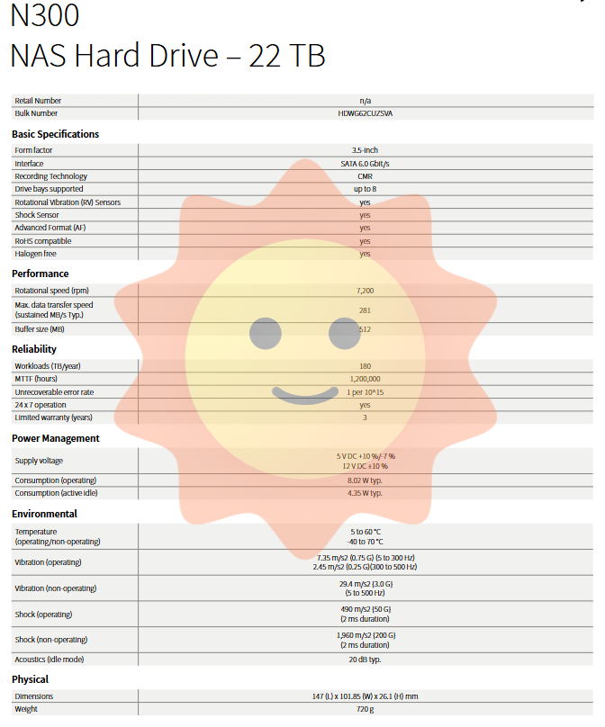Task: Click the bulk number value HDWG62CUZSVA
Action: tap(365, 113)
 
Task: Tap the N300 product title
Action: tap(44, 15)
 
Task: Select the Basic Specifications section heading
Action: tap(56, 134)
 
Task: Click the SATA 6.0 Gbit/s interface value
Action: tap(365, 164)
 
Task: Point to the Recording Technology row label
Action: tap(50, 176)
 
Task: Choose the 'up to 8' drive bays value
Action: tap(365, 189)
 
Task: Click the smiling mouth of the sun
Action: tap(304, 393)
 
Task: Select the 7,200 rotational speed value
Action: tap(365, 291)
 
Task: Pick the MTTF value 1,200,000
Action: tap(365, 379)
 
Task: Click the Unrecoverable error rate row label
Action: tap(54, 392)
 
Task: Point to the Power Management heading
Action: tap(56, 438)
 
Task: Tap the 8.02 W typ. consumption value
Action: tap(365, 480)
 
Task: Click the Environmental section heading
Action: tap(44, 514)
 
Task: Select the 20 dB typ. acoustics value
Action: tap(365, 660)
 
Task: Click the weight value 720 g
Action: tap(365, 709)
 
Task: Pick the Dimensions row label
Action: tap(34, 696)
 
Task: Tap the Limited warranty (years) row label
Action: tap(53, 417)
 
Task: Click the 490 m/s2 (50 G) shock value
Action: tap(365, 609)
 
